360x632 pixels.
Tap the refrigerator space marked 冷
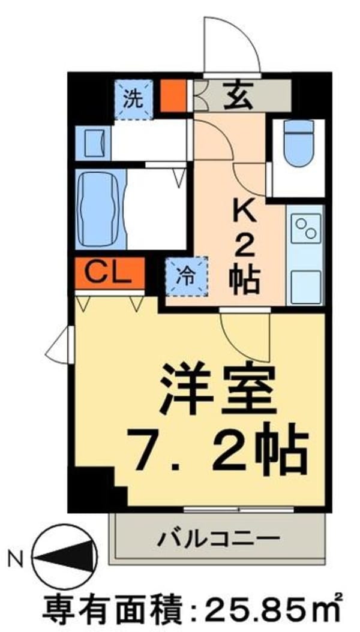click(x=187, y=276)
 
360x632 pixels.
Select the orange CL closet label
click(x=110, y=273)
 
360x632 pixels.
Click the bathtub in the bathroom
click(x=101, y=208)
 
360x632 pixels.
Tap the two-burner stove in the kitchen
click(x=306, y=228)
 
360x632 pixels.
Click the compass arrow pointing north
click(x=66, y=560)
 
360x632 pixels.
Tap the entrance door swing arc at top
click(x=231, y=45)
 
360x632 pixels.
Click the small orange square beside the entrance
click(x=174, y=95)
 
